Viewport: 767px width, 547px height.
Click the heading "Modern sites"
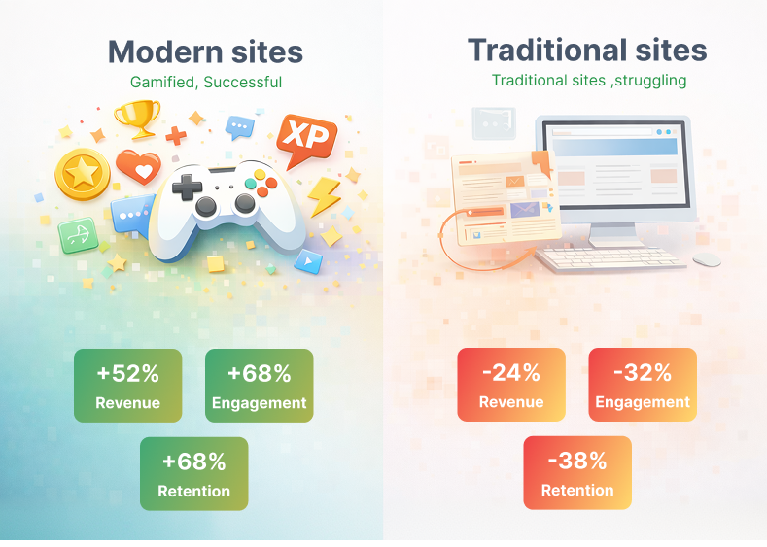click(205, 51)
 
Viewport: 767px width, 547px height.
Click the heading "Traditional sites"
click(587, 50)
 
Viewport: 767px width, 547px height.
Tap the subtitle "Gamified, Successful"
click(206, 83)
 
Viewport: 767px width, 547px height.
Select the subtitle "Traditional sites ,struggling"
click(589, 81)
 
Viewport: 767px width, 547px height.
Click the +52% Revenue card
click(127, 386)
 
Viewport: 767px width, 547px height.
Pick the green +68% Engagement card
click(259, 386)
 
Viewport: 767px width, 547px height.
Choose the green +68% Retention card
click(193, 473)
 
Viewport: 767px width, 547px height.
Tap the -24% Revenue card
click(510, 385)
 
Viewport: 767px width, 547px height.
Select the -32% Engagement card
click(642, 385)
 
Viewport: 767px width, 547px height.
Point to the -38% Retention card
click(576, 472)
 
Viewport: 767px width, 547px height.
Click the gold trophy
click(137, 118)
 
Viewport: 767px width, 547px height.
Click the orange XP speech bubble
click(306, 139)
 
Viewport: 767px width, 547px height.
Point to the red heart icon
click(138, 167)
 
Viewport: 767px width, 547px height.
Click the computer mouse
click(707, 258)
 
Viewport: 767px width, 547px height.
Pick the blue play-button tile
click(308, 260)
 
